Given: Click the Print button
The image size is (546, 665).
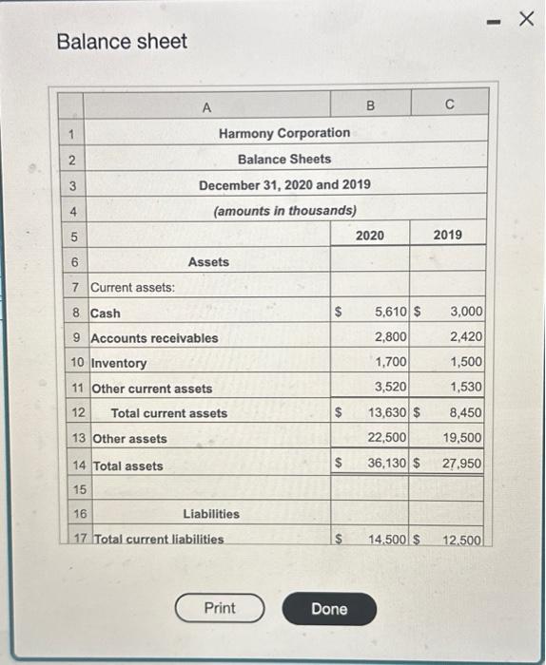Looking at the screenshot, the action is [x=220, y=608].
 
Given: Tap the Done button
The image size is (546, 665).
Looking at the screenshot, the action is [x=329, y=609].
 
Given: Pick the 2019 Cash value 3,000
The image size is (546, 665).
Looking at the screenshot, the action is [x=466, y=312].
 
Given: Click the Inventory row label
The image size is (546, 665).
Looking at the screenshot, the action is [x=118, y=363].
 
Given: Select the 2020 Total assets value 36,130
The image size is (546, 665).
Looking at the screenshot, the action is [x=387, y=464].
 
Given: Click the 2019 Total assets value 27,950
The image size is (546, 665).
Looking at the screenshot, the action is [x=462, y=464].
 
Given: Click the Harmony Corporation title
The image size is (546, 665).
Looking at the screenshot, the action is [x=283, y=133].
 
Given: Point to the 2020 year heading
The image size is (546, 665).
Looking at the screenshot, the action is [x=369, y=234].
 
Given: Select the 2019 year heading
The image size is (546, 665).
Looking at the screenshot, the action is [x=448, y=234].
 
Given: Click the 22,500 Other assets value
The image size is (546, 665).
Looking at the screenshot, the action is [x=388, y=437].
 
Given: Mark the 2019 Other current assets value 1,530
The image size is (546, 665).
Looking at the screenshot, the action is [x=466, y=387].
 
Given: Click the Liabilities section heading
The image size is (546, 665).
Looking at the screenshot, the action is [x=211, y=514].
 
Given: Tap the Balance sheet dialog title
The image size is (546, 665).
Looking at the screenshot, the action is [x=122, y=42].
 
